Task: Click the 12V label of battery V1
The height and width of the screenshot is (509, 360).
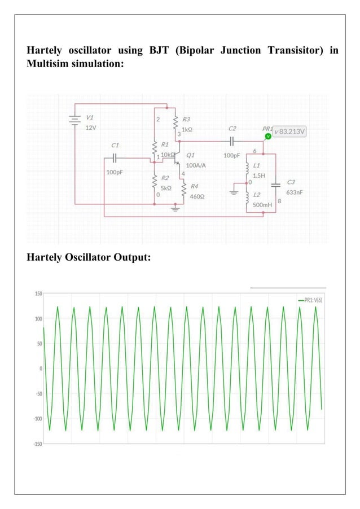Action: [90, 128]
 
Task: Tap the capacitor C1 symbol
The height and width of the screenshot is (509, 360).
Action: [115, 158]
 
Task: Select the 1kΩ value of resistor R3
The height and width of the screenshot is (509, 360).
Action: [187, 129]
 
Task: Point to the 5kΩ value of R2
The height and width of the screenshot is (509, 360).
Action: [165, 187]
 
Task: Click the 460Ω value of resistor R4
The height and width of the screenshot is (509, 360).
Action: [197, 197]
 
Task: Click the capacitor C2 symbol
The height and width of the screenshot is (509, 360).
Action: [231, 141]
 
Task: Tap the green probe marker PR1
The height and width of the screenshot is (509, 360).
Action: [268, 136]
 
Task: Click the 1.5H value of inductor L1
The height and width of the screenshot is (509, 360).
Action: [259, 175]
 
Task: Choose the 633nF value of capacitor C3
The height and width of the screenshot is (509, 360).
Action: [294, 192]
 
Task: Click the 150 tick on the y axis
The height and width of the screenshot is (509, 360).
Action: [38, 294]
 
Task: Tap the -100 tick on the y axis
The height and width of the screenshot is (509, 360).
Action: [37, 419]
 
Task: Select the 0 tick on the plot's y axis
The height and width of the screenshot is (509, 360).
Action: [40, 368]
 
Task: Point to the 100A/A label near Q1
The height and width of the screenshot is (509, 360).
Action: [196, 165]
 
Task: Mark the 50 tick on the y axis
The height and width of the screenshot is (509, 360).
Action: [39, 344]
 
